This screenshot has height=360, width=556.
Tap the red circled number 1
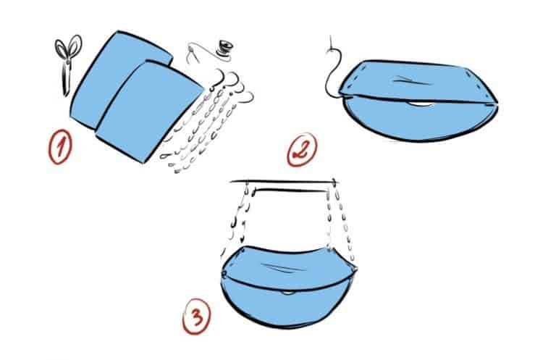60,146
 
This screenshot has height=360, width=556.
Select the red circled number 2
302,150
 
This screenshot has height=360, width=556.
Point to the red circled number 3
196,317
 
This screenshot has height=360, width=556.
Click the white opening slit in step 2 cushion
421,104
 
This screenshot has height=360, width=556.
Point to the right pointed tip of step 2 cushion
497,103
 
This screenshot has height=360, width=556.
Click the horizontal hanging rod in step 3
284,183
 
